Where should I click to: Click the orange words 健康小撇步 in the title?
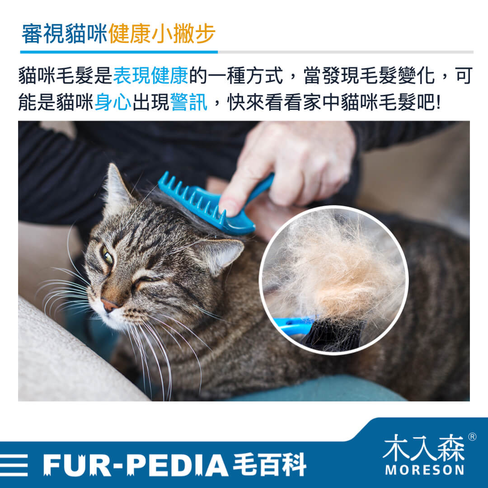click(162, 33)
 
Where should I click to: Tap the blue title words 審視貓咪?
click(65, 33)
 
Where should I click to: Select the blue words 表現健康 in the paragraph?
click(150, 75)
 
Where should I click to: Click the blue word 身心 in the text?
click(113, 102)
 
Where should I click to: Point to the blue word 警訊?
click(189, 102)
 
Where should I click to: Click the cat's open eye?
click(108, 256)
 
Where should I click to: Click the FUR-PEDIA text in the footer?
click(136, 465)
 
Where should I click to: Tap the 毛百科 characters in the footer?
click(269, 465)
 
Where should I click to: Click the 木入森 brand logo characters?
click(424, 447)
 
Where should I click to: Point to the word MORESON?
click(424, 470)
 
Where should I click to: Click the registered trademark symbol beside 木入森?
click(472, 436)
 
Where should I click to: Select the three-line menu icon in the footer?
click(14, 465)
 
